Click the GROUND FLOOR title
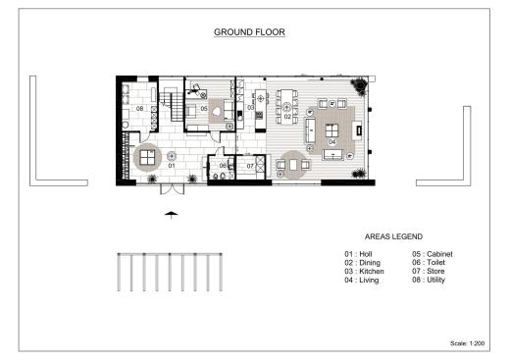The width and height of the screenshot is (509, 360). [249, 32]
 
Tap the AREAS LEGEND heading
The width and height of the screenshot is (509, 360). [393, 236]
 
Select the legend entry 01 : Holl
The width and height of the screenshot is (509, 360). [358, 254]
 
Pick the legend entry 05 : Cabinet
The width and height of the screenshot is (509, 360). [433, 254]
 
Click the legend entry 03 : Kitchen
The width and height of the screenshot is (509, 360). [364, 271]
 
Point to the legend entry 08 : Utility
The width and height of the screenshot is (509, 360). [429, 280]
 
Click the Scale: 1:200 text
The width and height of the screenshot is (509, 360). [467, 343]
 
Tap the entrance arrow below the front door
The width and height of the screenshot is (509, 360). [172, 215]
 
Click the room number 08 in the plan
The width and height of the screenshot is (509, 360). [139, 108]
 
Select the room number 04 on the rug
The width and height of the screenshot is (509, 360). [332, 142]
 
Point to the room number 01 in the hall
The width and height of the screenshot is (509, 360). [172, 166]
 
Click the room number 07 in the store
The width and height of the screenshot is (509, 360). [250, 166]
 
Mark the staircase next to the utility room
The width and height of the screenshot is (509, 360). [172, 104]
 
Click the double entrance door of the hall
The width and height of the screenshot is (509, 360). [172, 189]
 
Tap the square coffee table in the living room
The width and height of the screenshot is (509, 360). [331, 130]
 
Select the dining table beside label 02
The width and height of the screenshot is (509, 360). [286, 107]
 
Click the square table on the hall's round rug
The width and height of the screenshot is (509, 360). [147, 157]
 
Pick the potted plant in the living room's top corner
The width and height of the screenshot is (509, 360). [360, 86]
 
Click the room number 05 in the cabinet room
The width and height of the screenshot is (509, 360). [204, 108]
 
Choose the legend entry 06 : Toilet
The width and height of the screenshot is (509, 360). [429, 262]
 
